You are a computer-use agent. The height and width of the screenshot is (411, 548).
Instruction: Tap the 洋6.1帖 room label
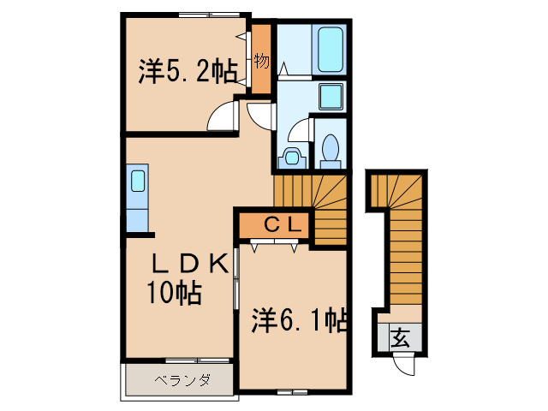click(299, 321)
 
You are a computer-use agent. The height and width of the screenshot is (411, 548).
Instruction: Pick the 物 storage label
click(260, 61)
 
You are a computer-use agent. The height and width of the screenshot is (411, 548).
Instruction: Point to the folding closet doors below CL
click(275, 246)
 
